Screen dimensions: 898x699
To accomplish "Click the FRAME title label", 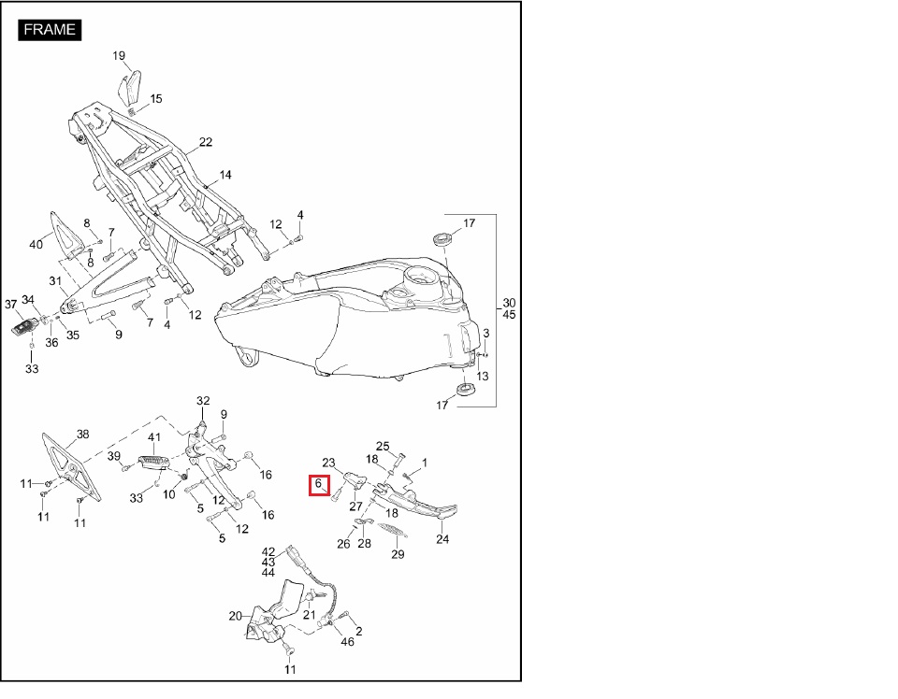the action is [50, 30].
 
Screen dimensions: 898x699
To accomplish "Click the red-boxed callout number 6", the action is [318, 484].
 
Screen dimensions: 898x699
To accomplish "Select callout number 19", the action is [119, 55].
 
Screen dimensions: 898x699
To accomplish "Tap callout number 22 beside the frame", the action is [206, 142].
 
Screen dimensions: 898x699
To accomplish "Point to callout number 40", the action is [36, 244].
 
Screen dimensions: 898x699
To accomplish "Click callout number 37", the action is [11, 305].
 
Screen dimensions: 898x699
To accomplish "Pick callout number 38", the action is [83, 435].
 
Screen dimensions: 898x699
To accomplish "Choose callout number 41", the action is [154, 437].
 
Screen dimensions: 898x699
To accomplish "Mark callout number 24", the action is [442, 539].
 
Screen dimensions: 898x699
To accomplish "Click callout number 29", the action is [398, 554].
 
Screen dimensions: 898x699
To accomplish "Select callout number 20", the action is [236, 616].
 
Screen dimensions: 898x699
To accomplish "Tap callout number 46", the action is [348, 642].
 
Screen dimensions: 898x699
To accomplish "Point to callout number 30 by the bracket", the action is [509, 303].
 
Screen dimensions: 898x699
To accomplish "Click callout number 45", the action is [509, 315].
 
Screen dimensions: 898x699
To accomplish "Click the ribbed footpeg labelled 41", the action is [152, 462].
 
